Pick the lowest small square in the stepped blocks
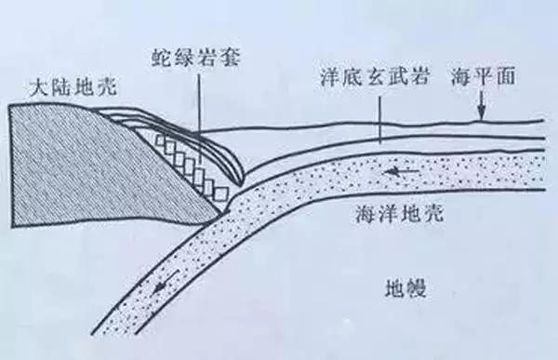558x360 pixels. click(220, 194)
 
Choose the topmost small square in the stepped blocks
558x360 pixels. click(160, 143)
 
